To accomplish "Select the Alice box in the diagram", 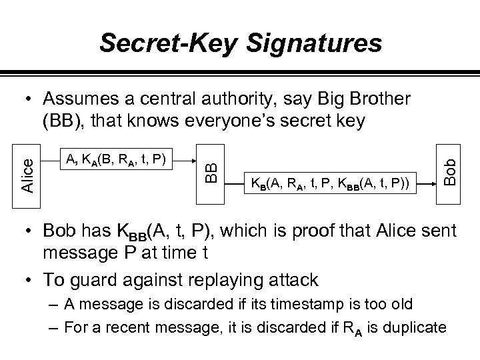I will click(x=27, y=171).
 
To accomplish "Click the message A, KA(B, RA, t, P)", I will click(x=117, y=158).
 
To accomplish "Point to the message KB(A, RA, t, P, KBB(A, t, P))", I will click(x=331, y=182).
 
